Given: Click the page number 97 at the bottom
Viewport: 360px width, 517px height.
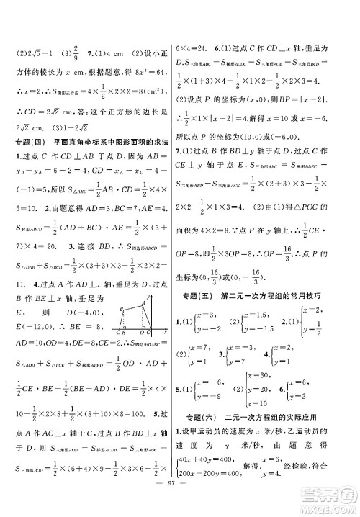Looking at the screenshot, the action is [x=180, y=505].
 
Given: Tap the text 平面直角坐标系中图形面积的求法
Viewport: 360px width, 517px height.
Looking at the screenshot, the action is [x=108, y=141].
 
